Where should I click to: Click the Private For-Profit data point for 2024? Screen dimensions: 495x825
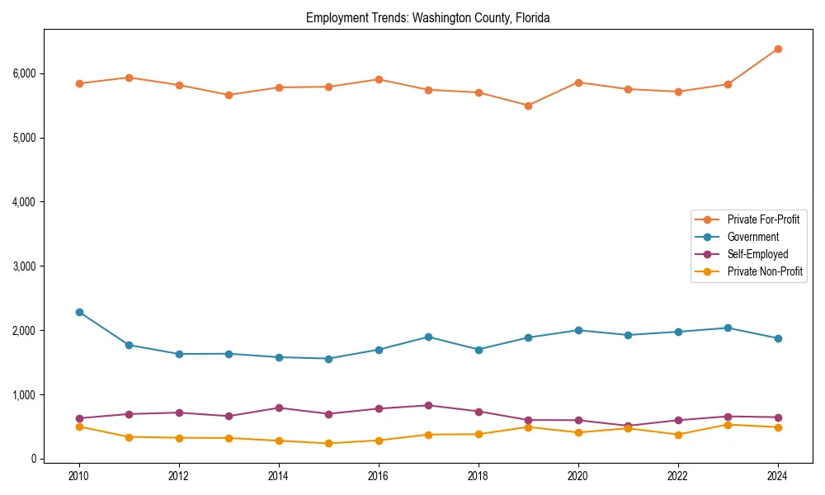tap(778, 49)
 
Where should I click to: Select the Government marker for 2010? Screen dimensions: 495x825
tap(79, 312)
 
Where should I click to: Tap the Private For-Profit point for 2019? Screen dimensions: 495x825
tap(528, 106)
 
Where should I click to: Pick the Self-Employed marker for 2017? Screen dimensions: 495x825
tap(428, 405)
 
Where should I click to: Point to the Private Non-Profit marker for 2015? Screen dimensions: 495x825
tap(328, 443)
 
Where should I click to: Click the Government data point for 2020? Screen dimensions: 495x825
tap(578, 330)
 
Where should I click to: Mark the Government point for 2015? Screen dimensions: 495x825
tap(328, 359)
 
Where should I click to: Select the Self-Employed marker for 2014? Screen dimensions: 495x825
tap(279, 408)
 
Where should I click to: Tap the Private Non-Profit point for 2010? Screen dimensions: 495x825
tap(79, 427)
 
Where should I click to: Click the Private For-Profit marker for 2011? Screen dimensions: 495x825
tap(129, 78)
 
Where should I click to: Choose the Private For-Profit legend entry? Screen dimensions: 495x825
tap(762, 219)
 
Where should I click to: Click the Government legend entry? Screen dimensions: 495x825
tap(752, 237)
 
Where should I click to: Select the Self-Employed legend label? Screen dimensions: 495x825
tap(757, 254)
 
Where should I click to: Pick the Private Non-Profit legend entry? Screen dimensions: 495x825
tap(765, 271)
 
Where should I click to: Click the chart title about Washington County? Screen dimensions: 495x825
tap(427, 17)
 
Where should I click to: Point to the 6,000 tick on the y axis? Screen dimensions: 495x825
tap(25, 73)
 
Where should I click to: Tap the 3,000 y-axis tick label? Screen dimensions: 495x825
tap(25, 266)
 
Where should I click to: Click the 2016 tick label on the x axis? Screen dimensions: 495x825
tap(379, 476)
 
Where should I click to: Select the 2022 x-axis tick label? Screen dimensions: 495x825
tap(678, 476)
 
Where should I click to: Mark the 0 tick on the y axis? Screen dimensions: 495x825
tap(34, 459)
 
